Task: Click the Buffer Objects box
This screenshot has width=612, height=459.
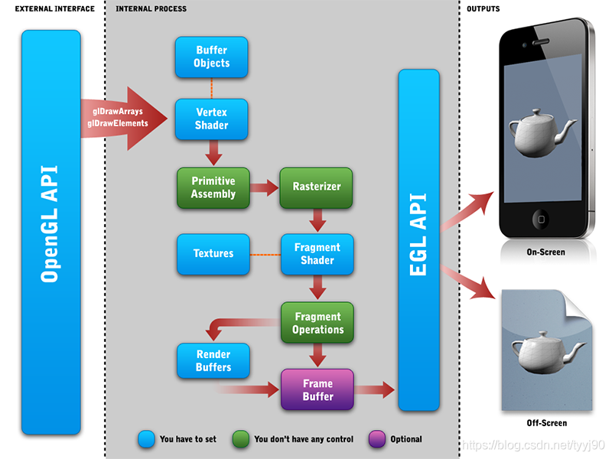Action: pos(212,57)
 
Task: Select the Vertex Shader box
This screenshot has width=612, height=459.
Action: pos(212,119)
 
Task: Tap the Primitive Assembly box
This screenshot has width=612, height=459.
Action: pos(213,187)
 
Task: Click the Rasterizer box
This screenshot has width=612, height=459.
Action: pos(317,187)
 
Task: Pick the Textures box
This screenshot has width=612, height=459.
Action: pos(213,253)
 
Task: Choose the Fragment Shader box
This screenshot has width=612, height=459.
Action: pos(317,254)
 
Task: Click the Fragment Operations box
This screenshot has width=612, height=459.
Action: pos(317,323)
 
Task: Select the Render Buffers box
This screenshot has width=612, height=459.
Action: pos(213,361)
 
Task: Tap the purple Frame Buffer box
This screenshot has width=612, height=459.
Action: pos(317,389)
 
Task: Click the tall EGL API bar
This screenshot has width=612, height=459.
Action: pos(419,240)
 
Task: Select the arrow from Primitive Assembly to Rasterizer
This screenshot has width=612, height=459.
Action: pos(264,187)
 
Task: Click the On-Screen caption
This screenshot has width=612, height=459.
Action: pos(546,252)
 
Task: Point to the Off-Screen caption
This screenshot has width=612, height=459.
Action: pos(546,422)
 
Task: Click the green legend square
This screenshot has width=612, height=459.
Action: pos(242,439)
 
